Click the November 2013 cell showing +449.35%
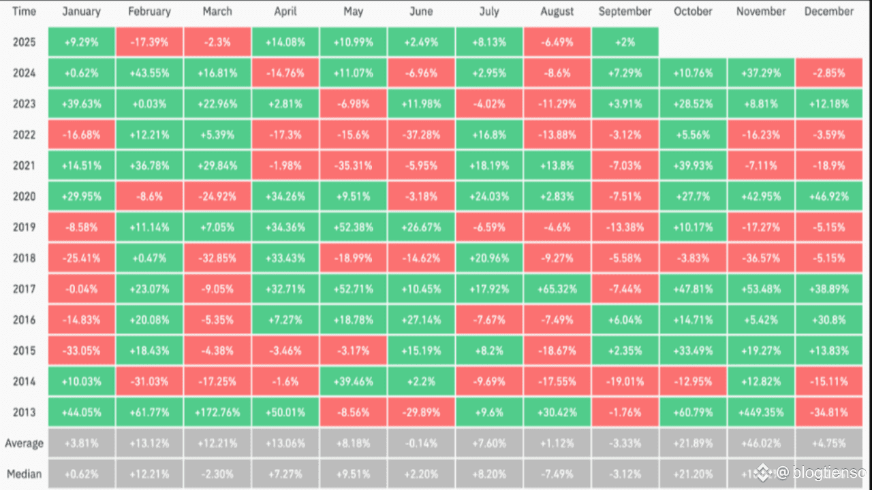pos(761,412)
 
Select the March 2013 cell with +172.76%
pos(217,412)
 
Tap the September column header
pos(625,12)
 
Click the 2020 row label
pos(24,197)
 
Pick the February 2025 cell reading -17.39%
pos(149,42)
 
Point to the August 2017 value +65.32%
pos(557,289)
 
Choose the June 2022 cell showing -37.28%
pos(421,135)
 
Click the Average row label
pos(24,443)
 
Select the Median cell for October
pos(693,474)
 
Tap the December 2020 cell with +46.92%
pos(829,197)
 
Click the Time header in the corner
pos(24,12)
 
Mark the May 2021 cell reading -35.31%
pos(353,165)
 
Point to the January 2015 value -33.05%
pos(81,350)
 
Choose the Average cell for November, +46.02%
pos(761,443)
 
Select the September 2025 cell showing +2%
pos(625,42)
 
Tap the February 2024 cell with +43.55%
pos(149,73)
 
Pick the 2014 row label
pos(24,382)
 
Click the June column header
pos(421,12)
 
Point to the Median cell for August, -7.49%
pos(557,474)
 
